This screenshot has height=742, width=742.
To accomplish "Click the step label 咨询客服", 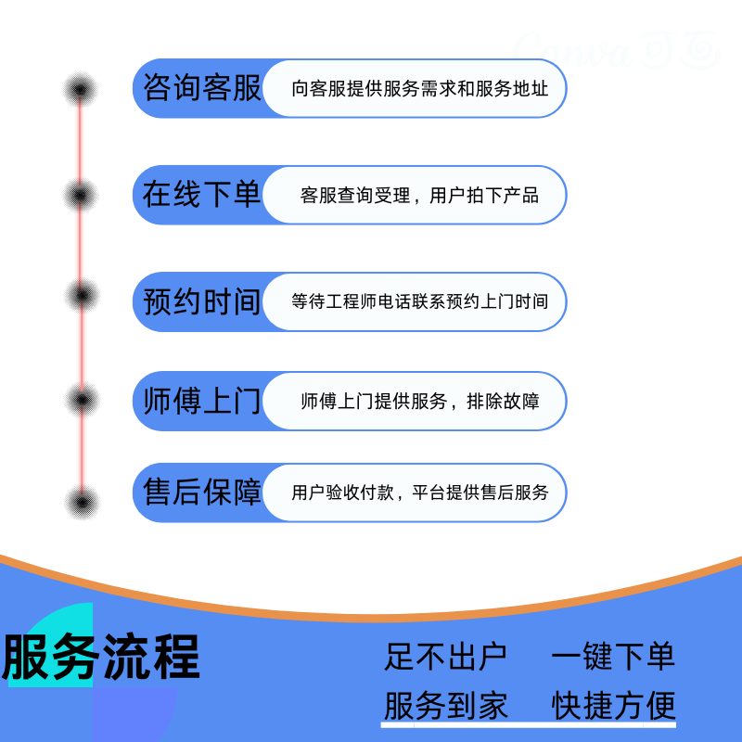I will click(x=201, y=89).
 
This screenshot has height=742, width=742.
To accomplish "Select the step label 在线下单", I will click(x=201, y=195).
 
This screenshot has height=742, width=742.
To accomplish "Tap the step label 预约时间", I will click(x=201, y=301).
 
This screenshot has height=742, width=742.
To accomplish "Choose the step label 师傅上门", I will click(x=201, y=402).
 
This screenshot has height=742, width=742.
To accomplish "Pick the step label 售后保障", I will click(x=201, y=492).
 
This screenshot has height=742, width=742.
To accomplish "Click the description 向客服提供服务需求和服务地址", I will click(x=419, y=89).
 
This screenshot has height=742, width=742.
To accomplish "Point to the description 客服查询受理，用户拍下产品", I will click(x=419, y=196).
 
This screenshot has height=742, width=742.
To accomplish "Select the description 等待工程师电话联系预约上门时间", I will click(x=419, y=301).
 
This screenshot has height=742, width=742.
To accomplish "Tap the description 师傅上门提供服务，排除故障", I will click(x=419, y=402).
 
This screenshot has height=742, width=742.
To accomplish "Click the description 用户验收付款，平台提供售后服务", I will click(x=419, y=493).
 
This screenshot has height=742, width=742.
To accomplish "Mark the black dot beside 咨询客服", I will click(x=81, y=90).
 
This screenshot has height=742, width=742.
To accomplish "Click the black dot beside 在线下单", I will click(x=81, y=195).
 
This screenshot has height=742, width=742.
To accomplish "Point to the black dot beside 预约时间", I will click(x=82, y=295).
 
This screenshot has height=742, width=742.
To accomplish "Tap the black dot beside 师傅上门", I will click(x=82, y=399).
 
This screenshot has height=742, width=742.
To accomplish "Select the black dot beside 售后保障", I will click(x=82, y=502).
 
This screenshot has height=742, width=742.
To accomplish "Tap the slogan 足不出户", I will click(x=445, y=657).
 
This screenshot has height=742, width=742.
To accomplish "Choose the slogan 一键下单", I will click(x=613, y=657).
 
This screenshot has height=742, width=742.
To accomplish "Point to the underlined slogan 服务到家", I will click(x=445, y=706).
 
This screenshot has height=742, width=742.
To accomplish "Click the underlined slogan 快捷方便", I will click(x=613, y=706).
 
